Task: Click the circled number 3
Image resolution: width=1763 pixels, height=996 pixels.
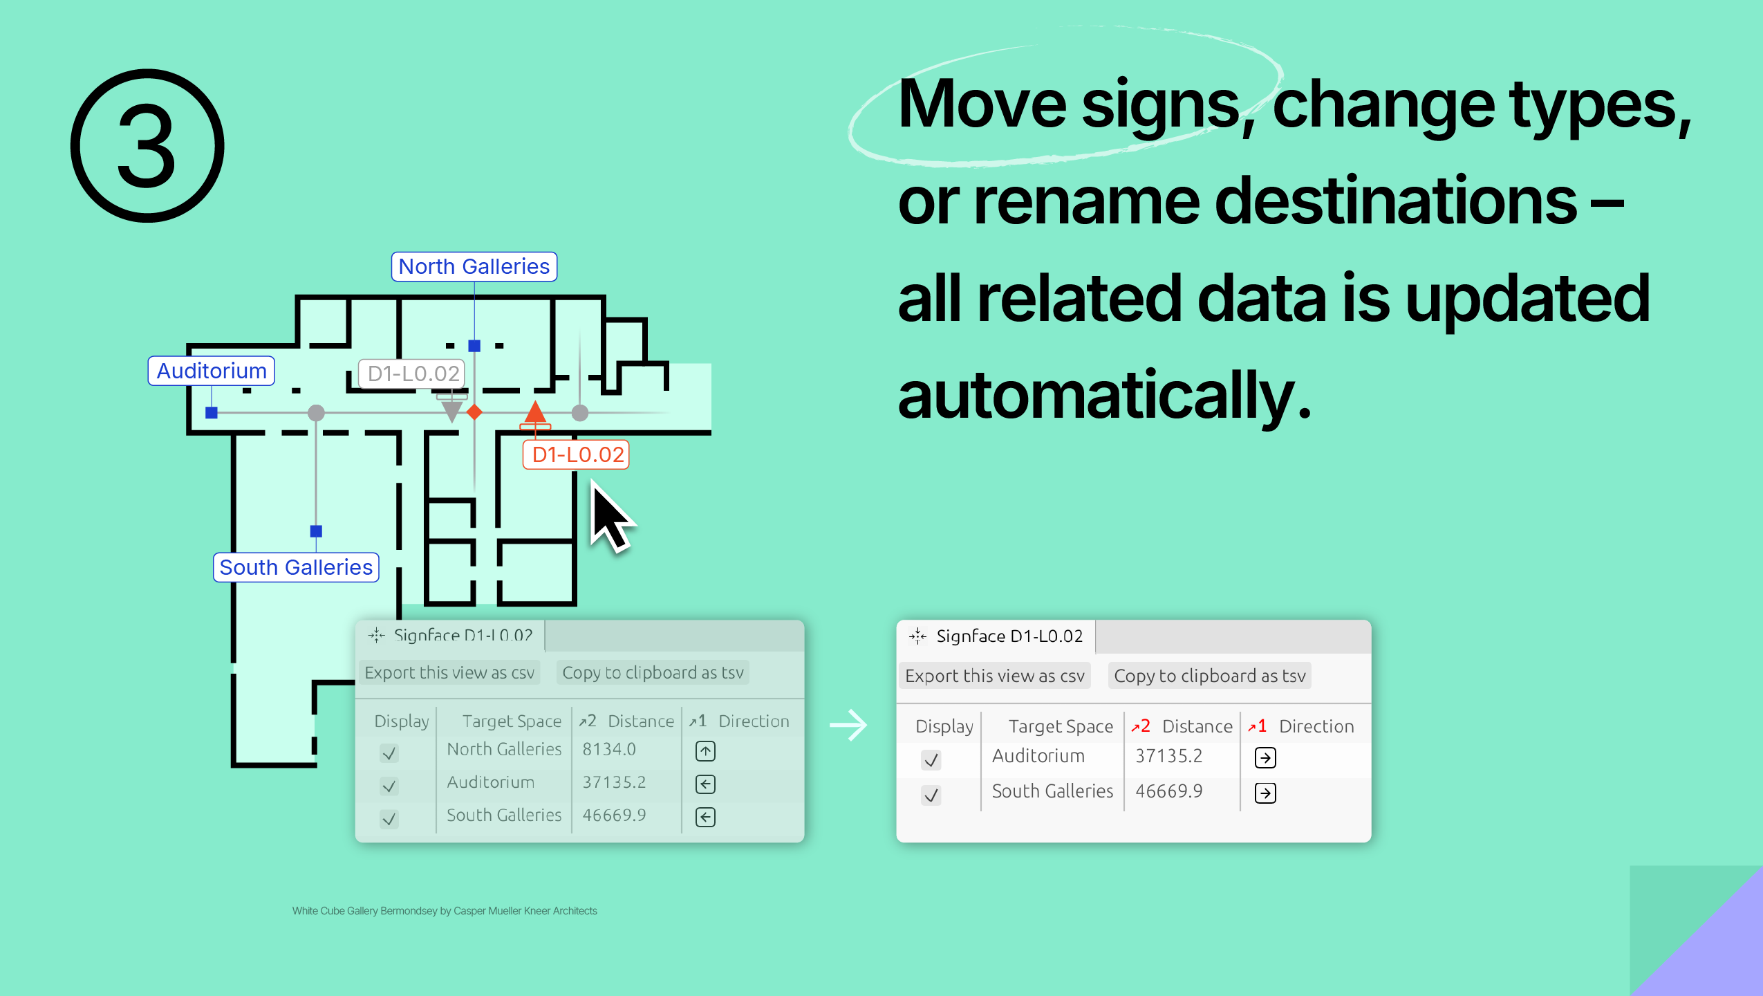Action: point(147,146)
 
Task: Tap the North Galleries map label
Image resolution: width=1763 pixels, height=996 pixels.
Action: point(474,266)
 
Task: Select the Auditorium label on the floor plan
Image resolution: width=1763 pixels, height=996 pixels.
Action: point(212,371)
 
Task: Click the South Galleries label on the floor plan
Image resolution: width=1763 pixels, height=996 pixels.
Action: point(296,567)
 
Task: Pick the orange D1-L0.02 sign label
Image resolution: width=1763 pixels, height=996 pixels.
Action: point(577,454)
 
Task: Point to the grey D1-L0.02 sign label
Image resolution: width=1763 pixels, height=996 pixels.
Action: point(412,373)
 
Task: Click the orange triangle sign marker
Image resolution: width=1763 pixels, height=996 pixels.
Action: point(535,412)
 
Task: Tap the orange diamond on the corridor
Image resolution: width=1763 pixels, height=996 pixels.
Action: point(474,413)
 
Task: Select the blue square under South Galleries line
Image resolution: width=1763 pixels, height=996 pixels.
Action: point(316,531)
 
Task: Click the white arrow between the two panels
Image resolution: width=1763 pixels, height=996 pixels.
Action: point(848,726)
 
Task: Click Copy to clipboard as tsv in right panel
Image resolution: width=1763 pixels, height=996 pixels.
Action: point(1209,676)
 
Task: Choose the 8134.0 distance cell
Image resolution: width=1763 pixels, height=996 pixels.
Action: point(609,749)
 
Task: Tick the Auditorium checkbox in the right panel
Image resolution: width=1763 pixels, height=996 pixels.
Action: point(931,759)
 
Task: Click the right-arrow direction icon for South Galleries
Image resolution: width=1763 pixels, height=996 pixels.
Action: point(1265,793)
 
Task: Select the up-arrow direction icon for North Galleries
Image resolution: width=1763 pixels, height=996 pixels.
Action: point(705,751)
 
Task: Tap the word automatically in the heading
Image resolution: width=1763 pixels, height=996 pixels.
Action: point(1104,395)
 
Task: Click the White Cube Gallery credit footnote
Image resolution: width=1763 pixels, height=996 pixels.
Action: point(445,911)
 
